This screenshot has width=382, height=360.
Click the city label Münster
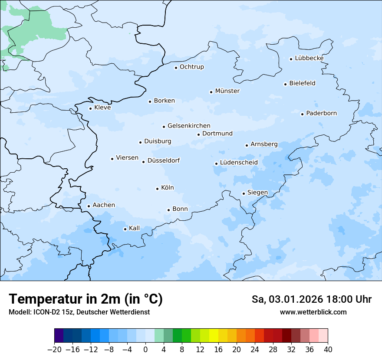[227, 91]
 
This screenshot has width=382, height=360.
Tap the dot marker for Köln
[157, 189]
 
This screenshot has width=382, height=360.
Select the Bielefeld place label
[302, 83]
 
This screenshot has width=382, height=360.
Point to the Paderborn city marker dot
[303, 114]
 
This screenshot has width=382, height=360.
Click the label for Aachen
[104, 205]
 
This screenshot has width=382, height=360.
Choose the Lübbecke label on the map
[309, 58]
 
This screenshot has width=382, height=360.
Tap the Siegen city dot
[244, 193]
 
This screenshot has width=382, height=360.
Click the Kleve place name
[102, 108]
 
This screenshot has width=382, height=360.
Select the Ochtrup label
[191, 67]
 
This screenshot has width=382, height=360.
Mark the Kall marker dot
[125, 229]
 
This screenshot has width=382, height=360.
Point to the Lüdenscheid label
[239, 163]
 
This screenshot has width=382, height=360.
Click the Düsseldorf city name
[164, 161]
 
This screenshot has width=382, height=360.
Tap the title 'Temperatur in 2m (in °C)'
[86, 299]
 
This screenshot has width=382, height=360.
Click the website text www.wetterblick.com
[313, 312]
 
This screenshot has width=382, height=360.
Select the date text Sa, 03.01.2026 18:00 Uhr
[311, 299]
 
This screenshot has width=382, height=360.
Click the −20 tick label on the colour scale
[54, 350]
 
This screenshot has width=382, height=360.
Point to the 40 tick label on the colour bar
[328, 350]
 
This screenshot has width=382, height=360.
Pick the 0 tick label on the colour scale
[145, 350]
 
